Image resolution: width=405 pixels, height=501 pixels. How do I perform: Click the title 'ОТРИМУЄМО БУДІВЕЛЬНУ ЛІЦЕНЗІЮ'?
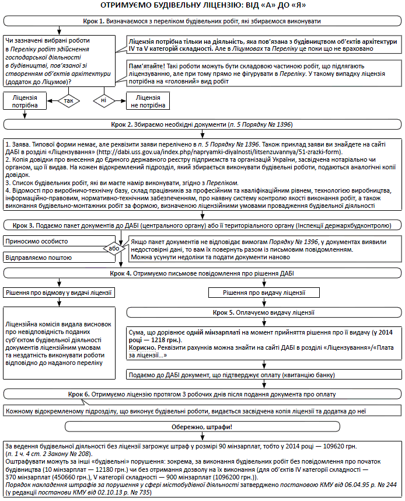pos(202,6)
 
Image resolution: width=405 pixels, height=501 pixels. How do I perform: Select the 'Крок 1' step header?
pos(202,21)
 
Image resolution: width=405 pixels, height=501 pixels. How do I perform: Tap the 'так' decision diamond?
pos(68,100)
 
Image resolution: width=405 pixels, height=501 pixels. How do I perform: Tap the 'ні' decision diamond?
pos(103,100)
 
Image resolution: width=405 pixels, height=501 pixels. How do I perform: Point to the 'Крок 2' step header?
pos(202,125)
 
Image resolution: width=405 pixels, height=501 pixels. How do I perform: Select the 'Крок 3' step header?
pos(202,225)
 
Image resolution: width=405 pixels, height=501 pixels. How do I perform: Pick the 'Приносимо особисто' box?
pos(53,241)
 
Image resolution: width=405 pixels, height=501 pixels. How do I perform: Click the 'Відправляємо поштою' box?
pos(53,257)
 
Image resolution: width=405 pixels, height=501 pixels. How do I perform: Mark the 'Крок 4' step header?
pos(202,273)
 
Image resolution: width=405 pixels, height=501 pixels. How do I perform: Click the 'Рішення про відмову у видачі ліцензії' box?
pos(58,292)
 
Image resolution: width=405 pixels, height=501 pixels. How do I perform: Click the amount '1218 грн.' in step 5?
pos(162,339)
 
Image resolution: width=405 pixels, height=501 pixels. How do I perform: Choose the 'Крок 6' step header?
pos(202,394)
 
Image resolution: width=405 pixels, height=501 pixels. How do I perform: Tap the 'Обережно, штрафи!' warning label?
pos(202,427)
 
